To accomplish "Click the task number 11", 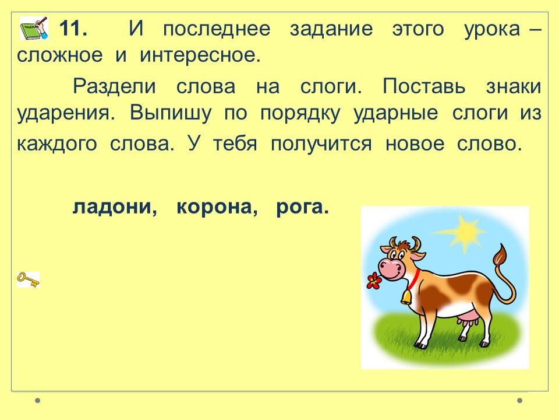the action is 73,29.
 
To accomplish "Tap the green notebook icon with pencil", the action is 34,28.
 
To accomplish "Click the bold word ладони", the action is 115,206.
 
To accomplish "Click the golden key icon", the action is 28,279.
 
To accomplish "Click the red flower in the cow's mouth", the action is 374,281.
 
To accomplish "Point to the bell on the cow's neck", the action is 406,296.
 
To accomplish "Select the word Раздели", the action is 115,86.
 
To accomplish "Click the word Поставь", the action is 424,86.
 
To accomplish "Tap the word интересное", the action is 200,55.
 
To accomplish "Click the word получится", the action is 321,144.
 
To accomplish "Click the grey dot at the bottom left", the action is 38,401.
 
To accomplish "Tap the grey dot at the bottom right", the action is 520,401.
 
